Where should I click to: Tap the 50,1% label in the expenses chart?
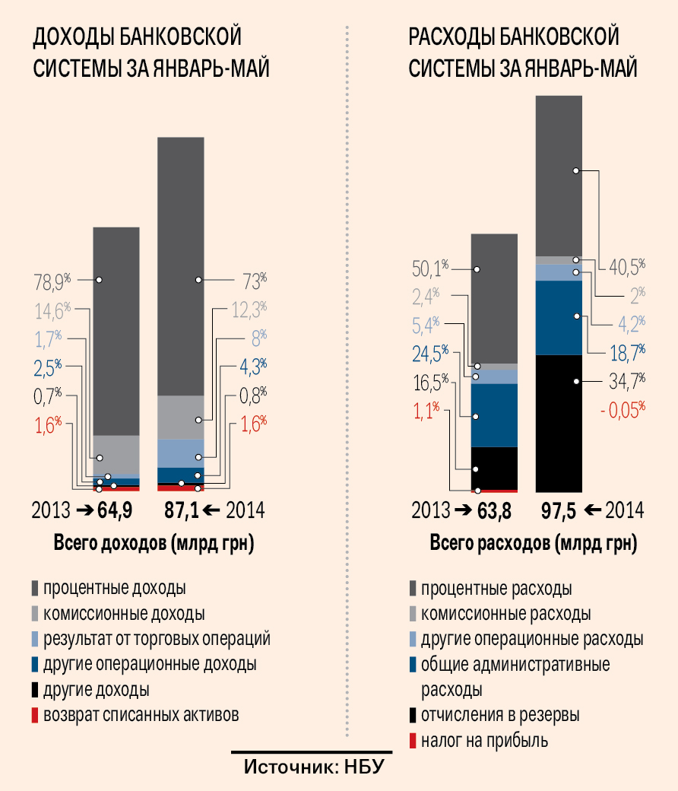coord(429,268)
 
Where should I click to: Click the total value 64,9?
coord(114,510)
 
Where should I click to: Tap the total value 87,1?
coord(181,510)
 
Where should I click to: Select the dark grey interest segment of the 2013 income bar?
coord(116,331)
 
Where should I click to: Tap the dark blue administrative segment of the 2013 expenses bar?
coord(494,415)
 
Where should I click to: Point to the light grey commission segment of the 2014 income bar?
coord(181,417)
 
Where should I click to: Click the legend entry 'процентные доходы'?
coord(114,589)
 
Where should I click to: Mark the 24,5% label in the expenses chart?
coord(429,353)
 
